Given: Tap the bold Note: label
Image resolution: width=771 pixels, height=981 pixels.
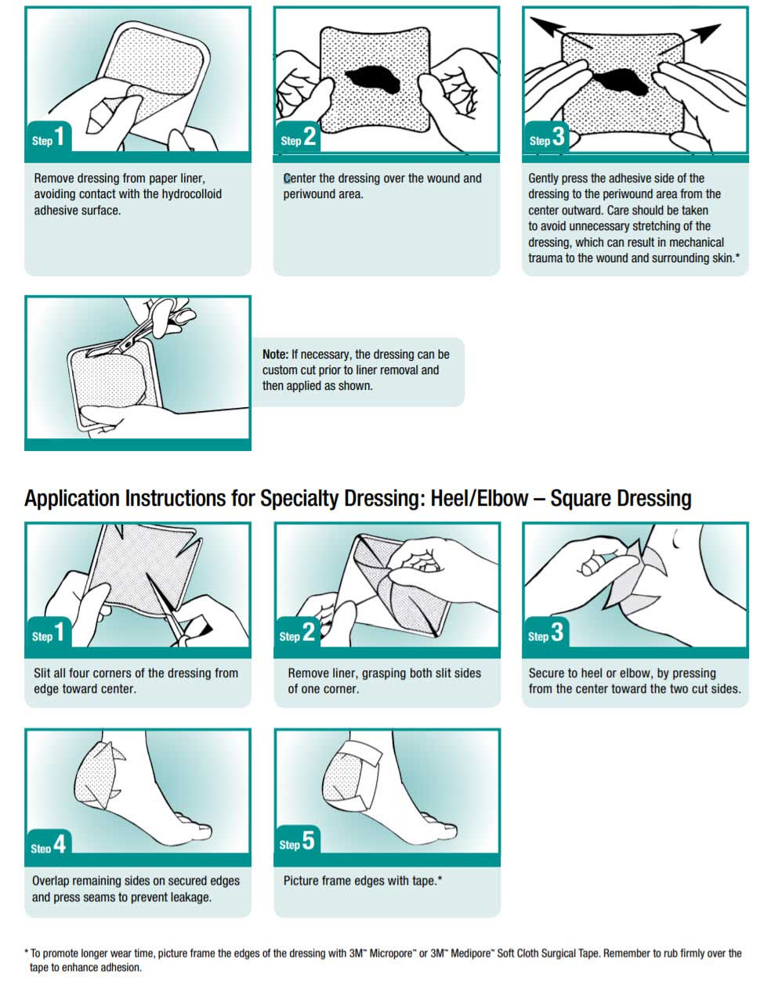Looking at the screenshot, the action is [x=275, y=355].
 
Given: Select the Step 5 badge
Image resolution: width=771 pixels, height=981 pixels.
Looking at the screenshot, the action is [x=297, y=840].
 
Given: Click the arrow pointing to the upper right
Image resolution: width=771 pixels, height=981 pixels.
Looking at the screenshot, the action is [x=690, y=39].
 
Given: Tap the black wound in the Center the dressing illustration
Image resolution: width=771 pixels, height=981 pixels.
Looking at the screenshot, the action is [x=373, y=80].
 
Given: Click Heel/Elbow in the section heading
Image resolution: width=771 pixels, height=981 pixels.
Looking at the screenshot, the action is [x=480, y=499].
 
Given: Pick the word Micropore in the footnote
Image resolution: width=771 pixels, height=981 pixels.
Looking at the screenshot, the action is [x=392, y=954].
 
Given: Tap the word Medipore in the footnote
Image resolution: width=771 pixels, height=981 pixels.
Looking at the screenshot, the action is [x=473, y=954].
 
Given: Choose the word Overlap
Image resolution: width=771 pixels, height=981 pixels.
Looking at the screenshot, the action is [x=50, y=881].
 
